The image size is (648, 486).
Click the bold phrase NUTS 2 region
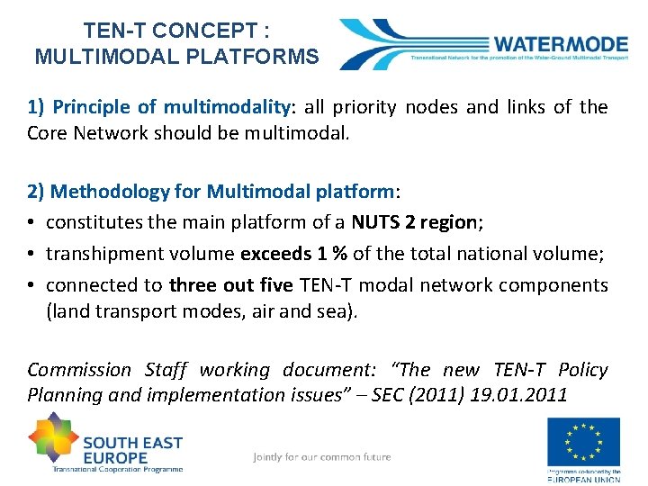(x=415, y=222)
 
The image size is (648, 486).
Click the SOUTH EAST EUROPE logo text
(x=131, y=449)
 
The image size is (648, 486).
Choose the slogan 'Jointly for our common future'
(x=322, y=457)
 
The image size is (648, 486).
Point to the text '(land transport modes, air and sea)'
(x=202, y=310)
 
